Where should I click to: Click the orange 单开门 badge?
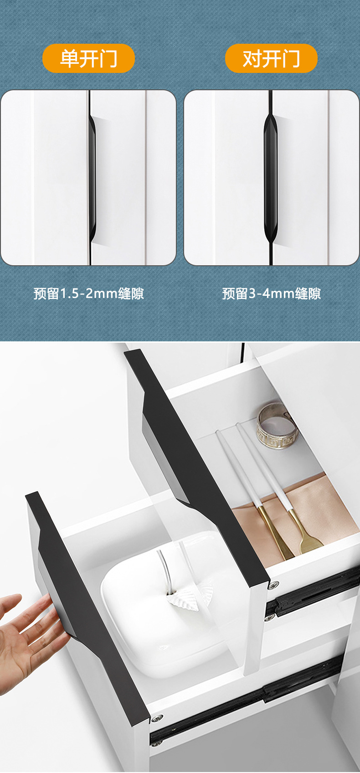[88, 58]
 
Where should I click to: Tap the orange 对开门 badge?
[271, 58]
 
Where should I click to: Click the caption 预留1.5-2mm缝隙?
[89, 293]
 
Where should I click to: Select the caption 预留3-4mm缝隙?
[272, 293]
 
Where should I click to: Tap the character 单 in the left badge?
[69, 58]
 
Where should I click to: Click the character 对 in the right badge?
[252, 58]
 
